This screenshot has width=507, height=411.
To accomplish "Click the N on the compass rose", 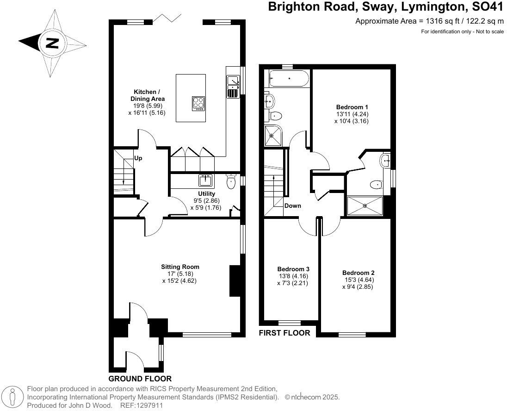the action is click(52, 44).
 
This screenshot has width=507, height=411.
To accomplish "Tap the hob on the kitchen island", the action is click(198, 103).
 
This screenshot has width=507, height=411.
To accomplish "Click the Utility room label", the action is click(206, 193).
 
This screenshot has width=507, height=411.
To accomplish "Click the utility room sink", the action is click(205, 180).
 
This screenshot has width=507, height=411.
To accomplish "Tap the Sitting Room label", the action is click(180, 267).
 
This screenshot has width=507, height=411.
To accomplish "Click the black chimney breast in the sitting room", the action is click(235, 280).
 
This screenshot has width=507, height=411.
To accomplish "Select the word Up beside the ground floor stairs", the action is click(138, 158).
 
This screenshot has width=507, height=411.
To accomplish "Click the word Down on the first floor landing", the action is click(292, 206).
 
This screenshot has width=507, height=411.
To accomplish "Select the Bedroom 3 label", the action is click(293, 269).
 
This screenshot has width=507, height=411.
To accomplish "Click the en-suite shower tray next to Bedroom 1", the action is click(365, 205).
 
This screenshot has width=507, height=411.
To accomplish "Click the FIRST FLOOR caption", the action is click(284, 333).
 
